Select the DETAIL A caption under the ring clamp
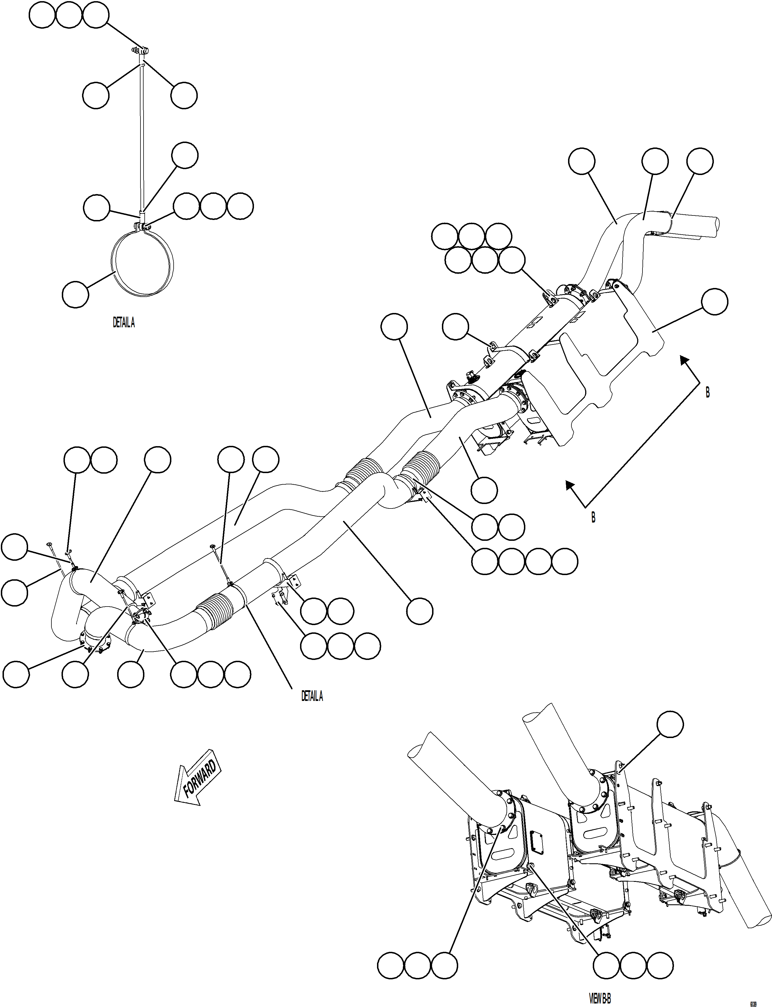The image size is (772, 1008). point(124,323)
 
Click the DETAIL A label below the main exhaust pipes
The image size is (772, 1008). point(312,696)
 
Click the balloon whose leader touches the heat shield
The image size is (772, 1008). point(715,302)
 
